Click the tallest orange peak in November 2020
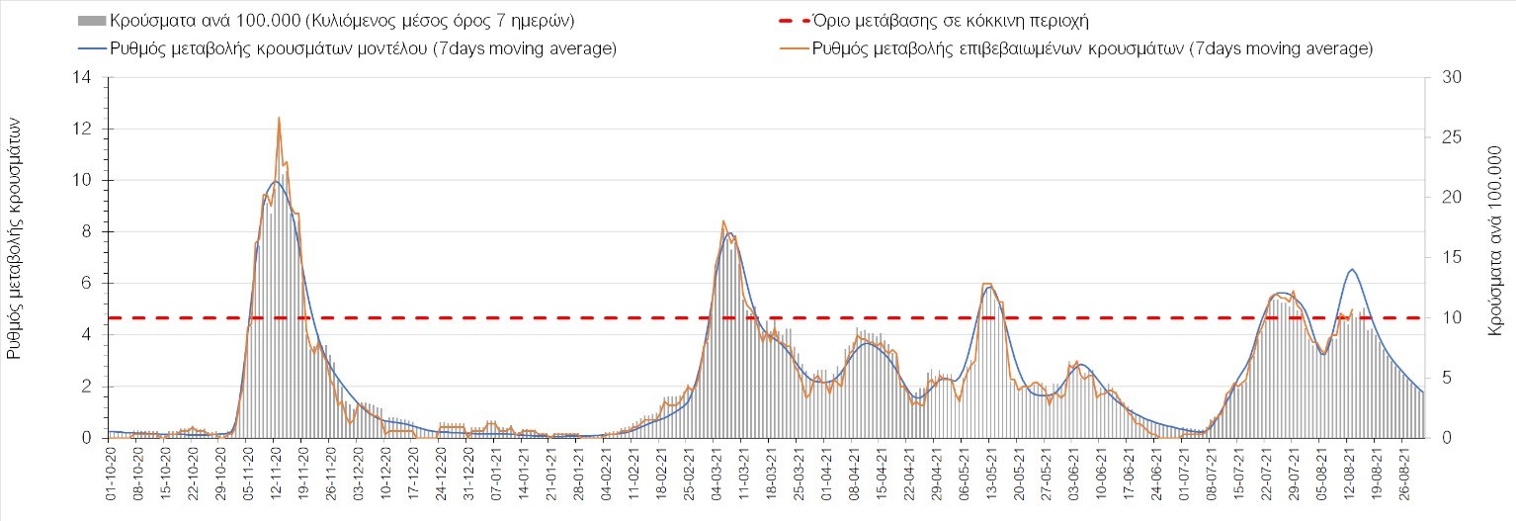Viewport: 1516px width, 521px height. tap(279, 118)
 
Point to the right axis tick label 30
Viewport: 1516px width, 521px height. tap(1445, 77)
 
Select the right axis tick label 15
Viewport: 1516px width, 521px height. tap(1445, 257)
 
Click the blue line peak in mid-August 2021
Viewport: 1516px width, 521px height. tap(1352, 269)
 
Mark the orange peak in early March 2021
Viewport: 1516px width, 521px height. tap(723, 220)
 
